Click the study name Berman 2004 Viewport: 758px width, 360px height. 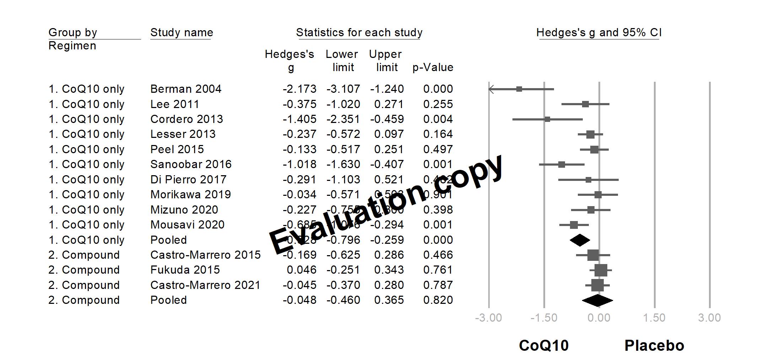point(186,89)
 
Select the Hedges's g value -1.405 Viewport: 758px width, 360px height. point(299,119)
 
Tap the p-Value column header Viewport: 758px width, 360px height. point(432,67)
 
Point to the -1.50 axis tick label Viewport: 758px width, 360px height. point(544,318)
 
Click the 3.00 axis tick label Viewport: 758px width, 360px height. point(709,318)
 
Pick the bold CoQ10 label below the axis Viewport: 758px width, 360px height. point(544,345)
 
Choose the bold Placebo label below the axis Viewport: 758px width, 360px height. point(654,345)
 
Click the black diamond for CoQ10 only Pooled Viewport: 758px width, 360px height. point(580,240)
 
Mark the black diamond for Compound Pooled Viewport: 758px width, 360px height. point(597,301)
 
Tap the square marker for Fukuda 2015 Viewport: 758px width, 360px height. point(601,270)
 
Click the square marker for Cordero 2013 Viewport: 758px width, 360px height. point(547,119)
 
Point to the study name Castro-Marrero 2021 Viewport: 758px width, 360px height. point(205,285)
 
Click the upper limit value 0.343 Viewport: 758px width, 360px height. point(389,270)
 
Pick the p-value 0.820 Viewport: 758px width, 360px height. point(438,300)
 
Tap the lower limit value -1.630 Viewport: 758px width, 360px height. point(343,164)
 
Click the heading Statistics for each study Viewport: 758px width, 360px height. point(359,33)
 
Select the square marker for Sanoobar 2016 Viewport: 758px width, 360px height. point(561,165)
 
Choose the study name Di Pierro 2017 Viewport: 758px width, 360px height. point(188,179)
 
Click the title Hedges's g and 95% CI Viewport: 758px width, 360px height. point(599,33)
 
